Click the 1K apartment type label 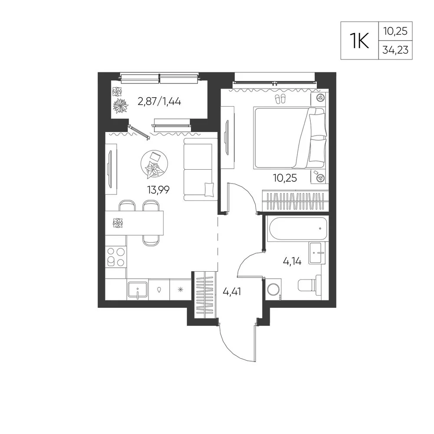(x=359, y=40)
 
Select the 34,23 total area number (x=395, y=50)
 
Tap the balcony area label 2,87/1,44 (x=159, y=102)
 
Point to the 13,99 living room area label (x=158, y=190)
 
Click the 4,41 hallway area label (x=232, y=292)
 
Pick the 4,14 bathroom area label (x=292, y=261)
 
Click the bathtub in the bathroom (x=299, y=229)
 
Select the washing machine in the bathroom (x=273, y=289)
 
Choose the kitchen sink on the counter (x=138, y=290)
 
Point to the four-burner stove (x=116, y=257)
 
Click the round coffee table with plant (x=154, y=164)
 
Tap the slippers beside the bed (x=280, y=99)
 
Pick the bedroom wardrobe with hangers (x=295, y=201)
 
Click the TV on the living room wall (x=110, y=169)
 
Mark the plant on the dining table (x=118, y=223)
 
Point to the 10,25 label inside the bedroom (x=285, y=178)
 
